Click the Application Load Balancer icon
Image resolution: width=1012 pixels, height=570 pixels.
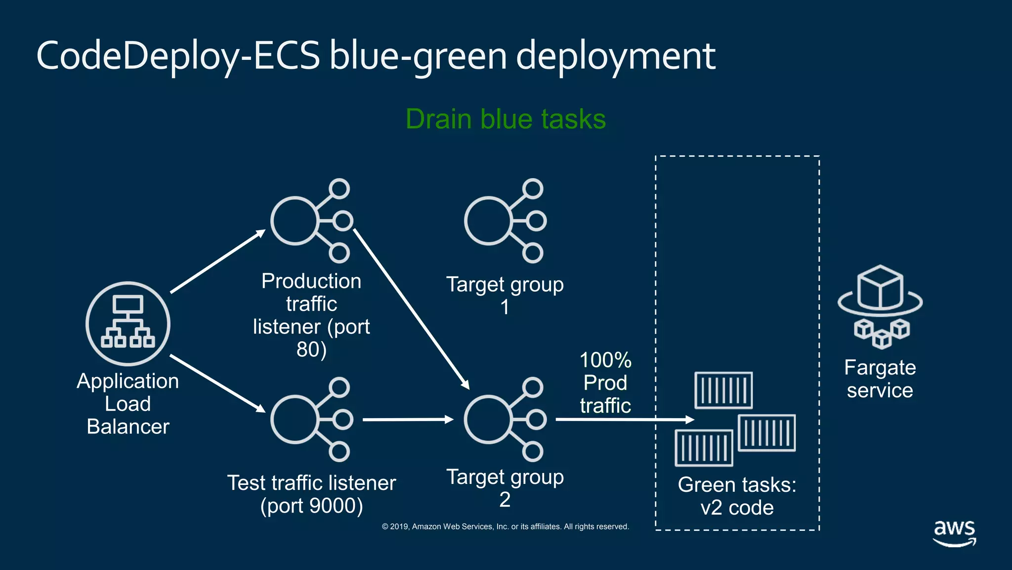pyautogui.click(x=128, y=324)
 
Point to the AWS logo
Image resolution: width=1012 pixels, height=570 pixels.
pyautogui.click(x=954, y=532)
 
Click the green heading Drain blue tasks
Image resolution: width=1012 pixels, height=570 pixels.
pyautogui.click(x=506, y=119)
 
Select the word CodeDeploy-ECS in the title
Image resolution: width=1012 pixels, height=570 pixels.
pyautogui.click(x=178, y=56)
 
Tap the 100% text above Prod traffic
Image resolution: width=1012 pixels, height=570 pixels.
pyautogui.click(x=605, y=360)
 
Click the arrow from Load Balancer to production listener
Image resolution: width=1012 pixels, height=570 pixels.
pyautogui.click(x=217, y=261)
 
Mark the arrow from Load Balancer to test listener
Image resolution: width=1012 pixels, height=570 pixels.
pyautogui.click(x=217, y=383)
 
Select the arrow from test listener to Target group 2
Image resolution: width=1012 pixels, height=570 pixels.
pyautogui.click(x=408, y=420)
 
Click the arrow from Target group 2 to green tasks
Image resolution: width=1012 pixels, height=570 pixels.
pyautogui.click(x=625, y=420)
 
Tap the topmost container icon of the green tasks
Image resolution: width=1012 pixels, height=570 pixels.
pyautogui.click(x=723, y=390)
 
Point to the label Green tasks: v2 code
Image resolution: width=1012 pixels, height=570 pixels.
pyautogui.click(x=737, y=496)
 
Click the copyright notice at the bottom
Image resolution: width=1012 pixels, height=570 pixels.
pyautogui.click(x=505, y=526)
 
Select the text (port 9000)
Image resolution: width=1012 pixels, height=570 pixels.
pyautogui.click(x=311, y=506)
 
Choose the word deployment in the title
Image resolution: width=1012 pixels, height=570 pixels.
pyautogui.click(x=616, y=56)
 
